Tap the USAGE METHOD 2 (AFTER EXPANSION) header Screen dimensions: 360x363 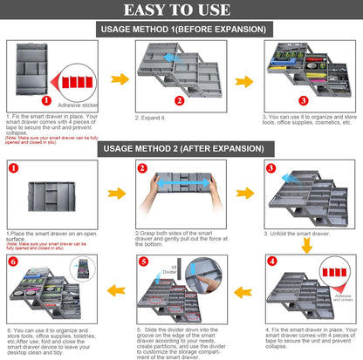point(181,148)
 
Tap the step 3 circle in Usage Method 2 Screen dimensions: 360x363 point(271,167)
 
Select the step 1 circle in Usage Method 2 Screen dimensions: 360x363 point(12,167)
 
